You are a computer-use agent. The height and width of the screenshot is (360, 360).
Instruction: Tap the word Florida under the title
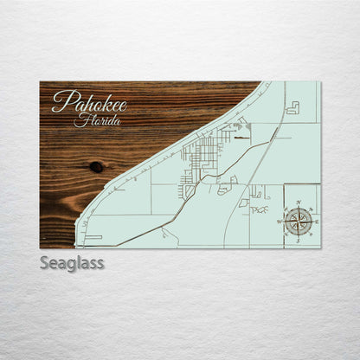point(97,120)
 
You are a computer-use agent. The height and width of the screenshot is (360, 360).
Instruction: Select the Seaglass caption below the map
point(72,263)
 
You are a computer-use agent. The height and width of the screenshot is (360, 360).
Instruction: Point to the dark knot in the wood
point(95,166)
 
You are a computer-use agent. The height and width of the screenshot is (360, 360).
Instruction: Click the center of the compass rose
point(299,221)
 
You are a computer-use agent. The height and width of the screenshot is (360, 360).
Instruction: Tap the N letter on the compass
point(299,205)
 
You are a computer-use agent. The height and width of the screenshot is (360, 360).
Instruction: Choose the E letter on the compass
point(315,222)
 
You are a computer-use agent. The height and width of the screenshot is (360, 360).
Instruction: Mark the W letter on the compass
point(280,222)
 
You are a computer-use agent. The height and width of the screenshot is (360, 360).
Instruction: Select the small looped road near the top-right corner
point(292,108)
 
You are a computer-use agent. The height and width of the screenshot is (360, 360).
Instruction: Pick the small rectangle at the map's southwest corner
point(93,236)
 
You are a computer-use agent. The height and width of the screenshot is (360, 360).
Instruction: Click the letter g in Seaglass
point(80,265)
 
